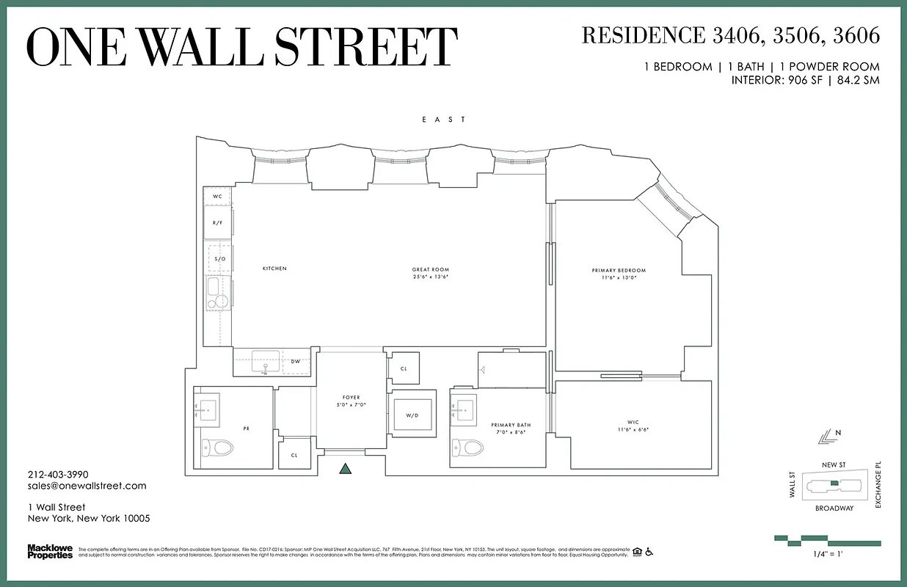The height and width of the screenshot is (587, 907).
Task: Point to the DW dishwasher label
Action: click(x=296, y=361)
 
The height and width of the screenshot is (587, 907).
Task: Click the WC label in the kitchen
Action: click(x=217, y=197)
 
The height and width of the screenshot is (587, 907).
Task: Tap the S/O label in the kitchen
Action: click(x=219, y=259)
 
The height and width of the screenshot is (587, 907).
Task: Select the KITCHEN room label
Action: click(x=274, y=269)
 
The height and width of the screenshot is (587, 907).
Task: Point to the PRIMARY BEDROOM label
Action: click(x=619, y=271)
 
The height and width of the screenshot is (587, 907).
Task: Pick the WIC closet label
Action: click(x=633, y=423)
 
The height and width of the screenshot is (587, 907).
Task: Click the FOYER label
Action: click(x=351, y=398)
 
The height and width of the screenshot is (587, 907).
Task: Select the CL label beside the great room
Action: click(x=404, y=369)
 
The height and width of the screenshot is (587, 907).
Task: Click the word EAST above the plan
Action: click(x=443, y=120)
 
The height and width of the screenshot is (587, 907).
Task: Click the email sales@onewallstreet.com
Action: click(x=87, y=486)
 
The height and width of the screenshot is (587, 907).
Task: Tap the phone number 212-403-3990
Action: click(x=58, y=475)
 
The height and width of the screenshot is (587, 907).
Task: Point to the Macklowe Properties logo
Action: click(x=50, y=551)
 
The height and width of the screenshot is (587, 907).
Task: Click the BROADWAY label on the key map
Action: click(x=834, y=508)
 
